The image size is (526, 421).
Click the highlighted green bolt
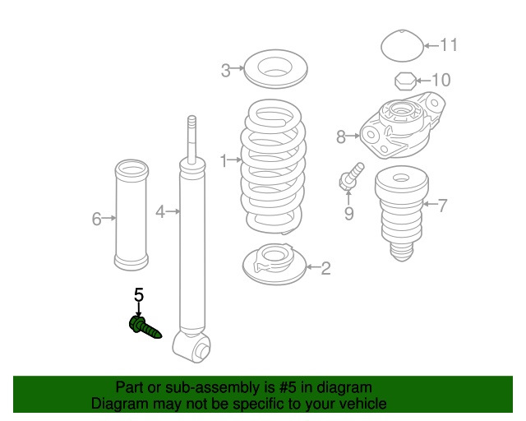(x=145, y=327)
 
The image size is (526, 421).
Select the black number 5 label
(x=139, y=295)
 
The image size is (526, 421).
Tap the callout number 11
(x=449, y=45)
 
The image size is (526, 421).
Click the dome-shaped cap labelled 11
(x=403, y=46)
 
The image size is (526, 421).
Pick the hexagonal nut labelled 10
(x=405, y=81)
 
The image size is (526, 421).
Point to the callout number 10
(x=441, y=80)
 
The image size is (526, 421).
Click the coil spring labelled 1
(x=273, y=167)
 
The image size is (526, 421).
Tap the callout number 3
(x=226, y=71)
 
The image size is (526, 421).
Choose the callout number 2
(x=325, y=268)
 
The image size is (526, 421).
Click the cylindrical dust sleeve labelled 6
(x=131, y=215)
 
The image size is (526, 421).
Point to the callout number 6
(x=97, y=219)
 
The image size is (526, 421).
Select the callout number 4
(x=160, y=212)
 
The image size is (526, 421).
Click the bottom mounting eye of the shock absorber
(x=191, y=347)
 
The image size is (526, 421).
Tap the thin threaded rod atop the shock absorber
(x=191, y=140)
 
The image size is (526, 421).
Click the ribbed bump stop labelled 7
(x=402, y=214)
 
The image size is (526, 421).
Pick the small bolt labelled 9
(x=351, y=176)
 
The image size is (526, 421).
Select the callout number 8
(x=341, y=137)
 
